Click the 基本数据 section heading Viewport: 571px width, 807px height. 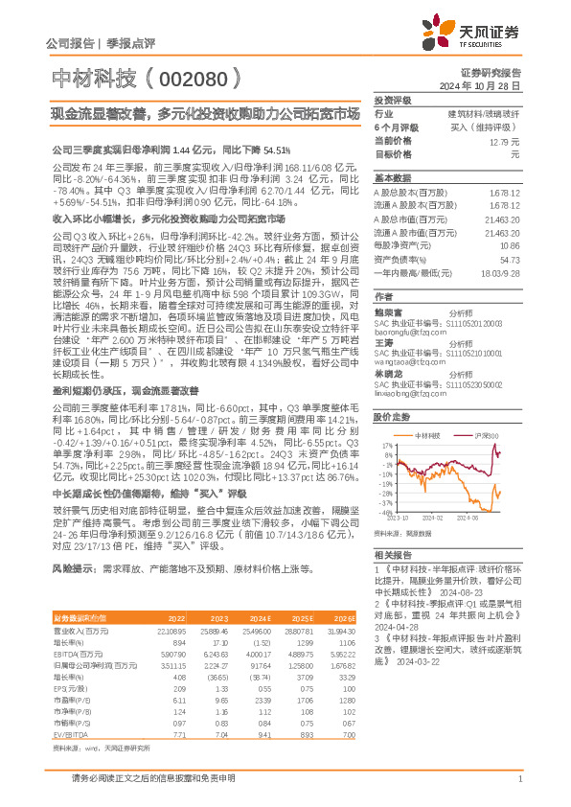392,178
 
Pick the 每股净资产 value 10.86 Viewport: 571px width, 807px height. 509,246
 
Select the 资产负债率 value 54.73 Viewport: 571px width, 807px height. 509,259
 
